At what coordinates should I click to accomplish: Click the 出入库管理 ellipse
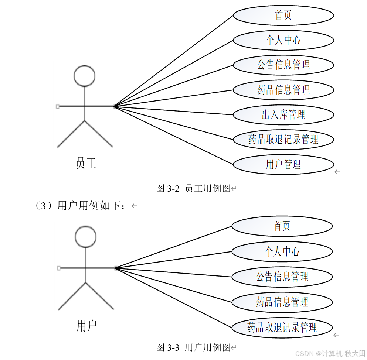283,114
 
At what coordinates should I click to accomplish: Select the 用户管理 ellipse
283,164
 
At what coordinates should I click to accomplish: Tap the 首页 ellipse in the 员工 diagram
283,16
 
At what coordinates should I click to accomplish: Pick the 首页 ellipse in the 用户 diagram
282,226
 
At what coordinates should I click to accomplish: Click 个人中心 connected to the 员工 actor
283,40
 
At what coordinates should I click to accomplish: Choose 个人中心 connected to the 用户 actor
282,251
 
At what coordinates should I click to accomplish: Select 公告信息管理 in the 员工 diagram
283,65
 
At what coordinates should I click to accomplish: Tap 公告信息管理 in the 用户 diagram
282,277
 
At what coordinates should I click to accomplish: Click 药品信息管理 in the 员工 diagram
283,90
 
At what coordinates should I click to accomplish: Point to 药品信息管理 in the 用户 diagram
282,302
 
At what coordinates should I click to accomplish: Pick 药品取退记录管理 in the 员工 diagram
283,139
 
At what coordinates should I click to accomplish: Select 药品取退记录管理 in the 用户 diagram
282,327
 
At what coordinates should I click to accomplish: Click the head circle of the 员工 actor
85,76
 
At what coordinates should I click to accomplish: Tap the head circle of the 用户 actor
85,236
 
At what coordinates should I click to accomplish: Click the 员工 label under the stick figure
86,163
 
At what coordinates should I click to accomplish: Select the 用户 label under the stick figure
86,326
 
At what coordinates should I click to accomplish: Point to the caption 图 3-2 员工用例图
194,188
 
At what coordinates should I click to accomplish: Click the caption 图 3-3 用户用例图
194,347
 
